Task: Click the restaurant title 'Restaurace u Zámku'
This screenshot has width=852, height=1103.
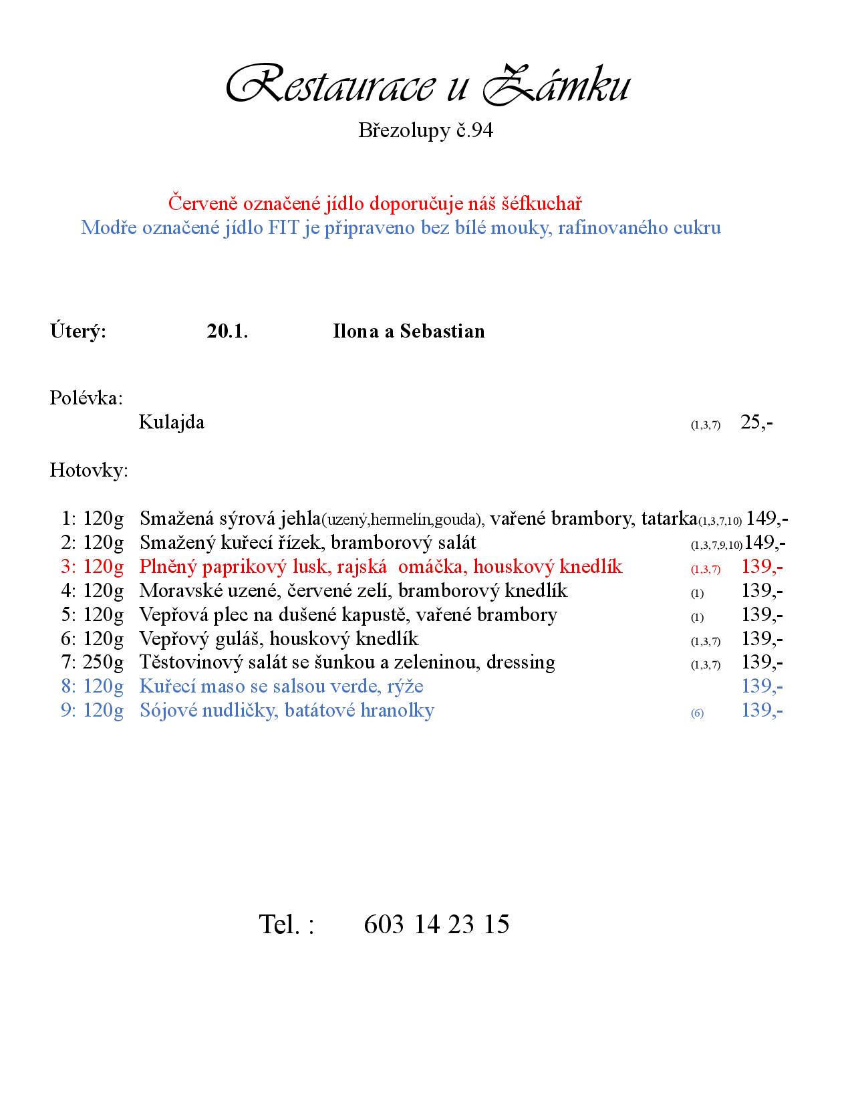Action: pyautogui.click(x=428, y=85)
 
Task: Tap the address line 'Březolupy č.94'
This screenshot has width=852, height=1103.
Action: pyautogui.click(x=426, y=130)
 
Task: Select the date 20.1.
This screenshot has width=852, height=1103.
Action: pyautogui.click(x=227, y=332)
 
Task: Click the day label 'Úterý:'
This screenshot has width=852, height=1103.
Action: pyautogui.click(x=78, y=332)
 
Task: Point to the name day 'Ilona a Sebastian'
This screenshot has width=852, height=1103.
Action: pyautogui.click(x=408, y=332)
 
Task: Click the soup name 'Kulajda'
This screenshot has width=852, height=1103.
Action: pyautogui.click(x=171, y=422)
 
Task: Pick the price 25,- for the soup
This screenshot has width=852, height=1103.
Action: pyautogui.click(x=756, y=422)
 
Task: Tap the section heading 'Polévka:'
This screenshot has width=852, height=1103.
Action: pyautogui.click(x=86, y=398)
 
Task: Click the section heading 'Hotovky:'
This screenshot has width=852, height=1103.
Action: pyautogui.click(x=89, y=471)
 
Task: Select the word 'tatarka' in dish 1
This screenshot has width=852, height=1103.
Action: pyautogui.click(x=669, y=519)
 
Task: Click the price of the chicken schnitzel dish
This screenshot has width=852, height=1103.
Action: pyautogui.click(x=765, y=543)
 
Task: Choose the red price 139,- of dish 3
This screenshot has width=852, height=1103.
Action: pyautogui.click(x=762, y=567)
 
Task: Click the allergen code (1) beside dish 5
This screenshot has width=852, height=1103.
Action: pyautogui.click(x=697, y=618)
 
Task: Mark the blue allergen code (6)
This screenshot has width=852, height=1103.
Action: pyautogui.click(x=697, y=713)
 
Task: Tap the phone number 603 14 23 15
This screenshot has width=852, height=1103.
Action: pyautogui.click(x=436, y=925)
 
